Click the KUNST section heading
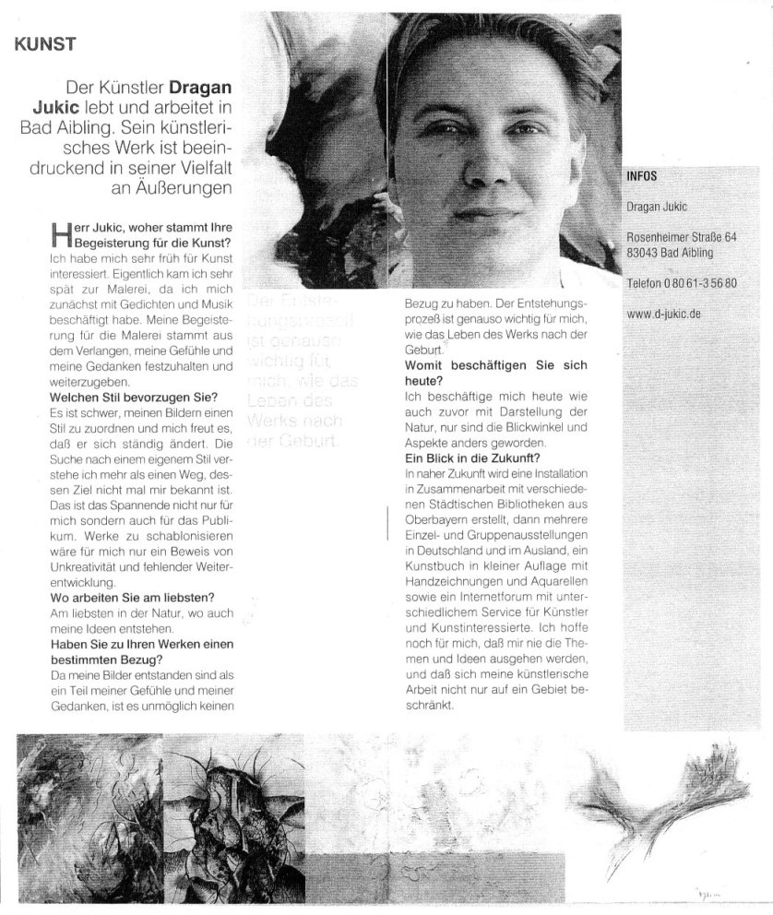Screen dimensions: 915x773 pos(45,42)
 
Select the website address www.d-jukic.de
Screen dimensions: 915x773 pos(664,314)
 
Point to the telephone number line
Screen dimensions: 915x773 pos(681,283)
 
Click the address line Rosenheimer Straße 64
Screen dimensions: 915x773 pos(681,237)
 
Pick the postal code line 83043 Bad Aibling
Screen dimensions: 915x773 pos(669,253)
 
